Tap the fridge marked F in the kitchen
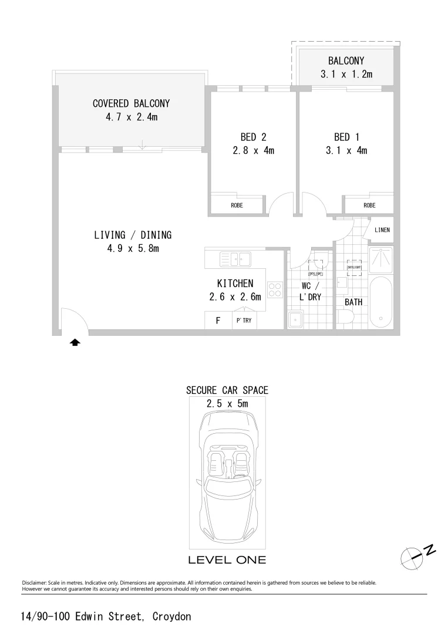(x=218, y=321)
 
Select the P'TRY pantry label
(x=244, y=321)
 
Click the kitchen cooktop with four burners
(x=275, y=289)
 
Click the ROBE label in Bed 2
(x=237, y=205)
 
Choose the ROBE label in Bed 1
(x=369, y=205)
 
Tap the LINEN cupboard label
(x=382, y=230)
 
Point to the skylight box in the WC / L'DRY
(x=316, y=268)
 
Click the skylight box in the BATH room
(x=355, y=268)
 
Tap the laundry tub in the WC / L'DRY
(x=295, y=319)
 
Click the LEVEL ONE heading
(x=227, y=560)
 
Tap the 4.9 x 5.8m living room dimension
(x=133, y=248)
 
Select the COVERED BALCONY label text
(x=132, y=103)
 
